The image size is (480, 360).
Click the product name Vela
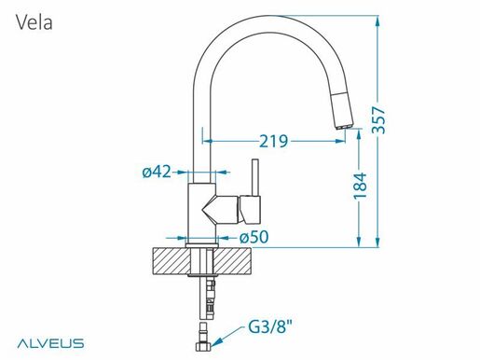pos(34,22)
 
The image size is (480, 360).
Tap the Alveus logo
pos(50,343)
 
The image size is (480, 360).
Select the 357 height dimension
pos(378,120)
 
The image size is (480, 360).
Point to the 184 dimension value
pos(361,186)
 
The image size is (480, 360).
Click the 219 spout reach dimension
pos(274,142)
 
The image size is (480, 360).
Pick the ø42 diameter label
pos(157,172)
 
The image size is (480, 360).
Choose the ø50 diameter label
pos(254,238)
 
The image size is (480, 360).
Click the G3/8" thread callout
pos(270,326)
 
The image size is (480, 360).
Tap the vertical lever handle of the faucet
pos(255,178)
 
